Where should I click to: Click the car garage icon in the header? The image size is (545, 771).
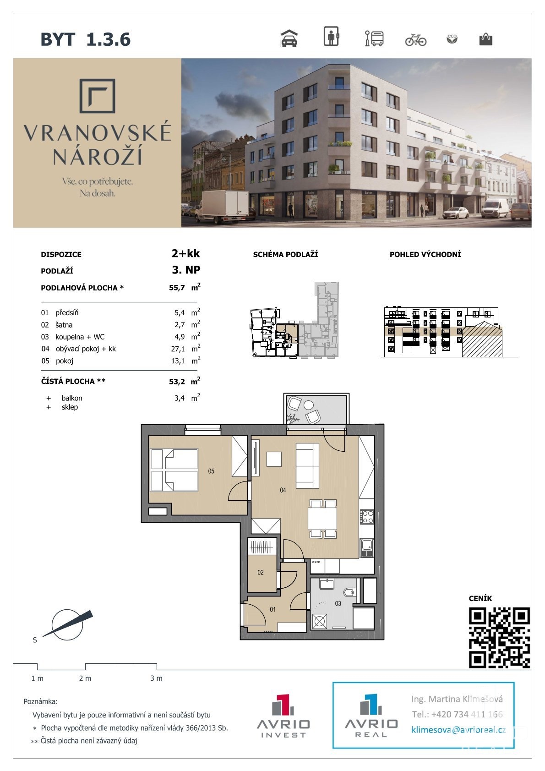[289, 38]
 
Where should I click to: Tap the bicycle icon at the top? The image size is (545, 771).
[416, 40]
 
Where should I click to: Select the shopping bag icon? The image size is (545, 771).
[485, 39]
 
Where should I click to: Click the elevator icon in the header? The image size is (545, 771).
[331, 36]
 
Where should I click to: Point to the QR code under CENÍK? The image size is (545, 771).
[499, 638]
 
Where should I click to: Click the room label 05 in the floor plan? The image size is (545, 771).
[211, 471]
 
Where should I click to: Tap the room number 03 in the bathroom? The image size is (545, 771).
[338, 603]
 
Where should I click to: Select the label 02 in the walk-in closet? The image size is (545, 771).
[261, 572]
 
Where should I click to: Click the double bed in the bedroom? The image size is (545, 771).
[174, 470]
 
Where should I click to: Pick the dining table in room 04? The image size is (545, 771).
[322, 519]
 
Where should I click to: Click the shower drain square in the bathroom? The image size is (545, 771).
[319, 622]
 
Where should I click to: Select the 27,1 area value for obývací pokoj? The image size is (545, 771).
[178, 349]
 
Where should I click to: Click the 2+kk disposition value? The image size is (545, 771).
[186, 253]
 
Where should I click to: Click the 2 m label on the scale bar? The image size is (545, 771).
[85, 678]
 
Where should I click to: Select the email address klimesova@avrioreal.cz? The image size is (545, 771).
[458, 730]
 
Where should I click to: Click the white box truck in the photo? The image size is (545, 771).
[222, 206]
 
